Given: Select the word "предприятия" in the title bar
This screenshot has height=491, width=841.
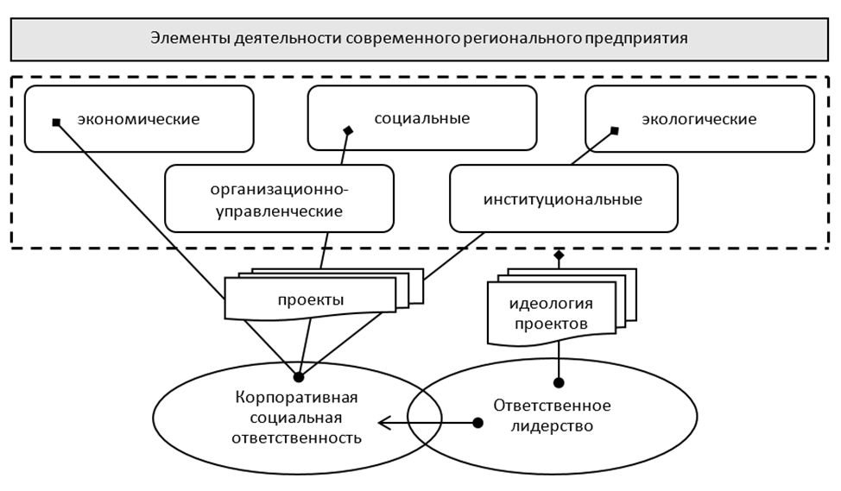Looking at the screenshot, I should point(645,39).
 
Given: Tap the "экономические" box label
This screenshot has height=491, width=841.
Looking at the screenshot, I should point(138,119).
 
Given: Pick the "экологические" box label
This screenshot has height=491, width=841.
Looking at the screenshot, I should point(699,119).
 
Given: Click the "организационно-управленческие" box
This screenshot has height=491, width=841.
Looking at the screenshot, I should point(278,198).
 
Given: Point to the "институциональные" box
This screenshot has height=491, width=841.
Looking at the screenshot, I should point(563,199).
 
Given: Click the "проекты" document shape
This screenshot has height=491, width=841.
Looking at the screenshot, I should point(311,300).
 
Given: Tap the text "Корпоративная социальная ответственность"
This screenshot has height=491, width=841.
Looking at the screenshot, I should point(296,418).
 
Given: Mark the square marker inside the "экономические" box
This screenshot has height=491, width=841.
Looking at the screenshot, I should point(56,123).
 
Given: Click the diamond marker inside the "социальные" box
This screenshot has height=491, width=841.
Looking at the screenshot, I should point(349,131).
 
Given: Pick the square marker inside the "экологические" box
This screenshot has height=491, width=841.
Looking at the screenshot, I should point(615,131).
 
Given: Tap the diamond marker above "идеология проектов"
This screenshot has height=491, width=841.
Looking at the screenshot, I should point(559,256).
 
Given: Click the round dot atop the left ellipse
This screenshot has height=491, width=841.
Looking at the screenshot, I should point(299,377).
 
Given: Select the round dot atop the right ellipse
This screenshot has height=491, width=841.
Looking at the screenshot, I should point(559,381).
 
